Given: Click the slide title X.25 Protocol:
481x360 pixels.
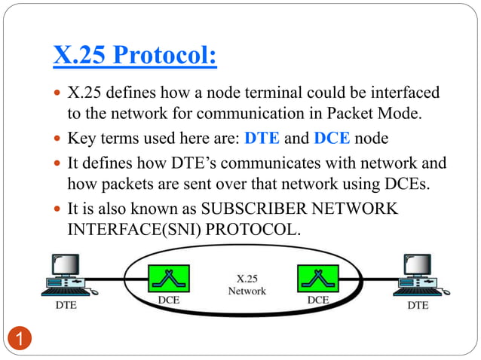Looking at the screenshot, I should pyautogui.click(x=135, y=56).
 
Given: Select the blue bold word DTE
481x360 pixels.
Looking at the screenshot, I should pyautogui.click(x=264, y=139).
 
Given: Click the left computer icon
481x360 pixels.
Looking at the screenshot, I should pyautogui.click(x=66, y=276).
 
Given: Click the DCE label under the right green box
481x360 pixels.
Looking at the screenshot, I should pyautogui.click(x=317, y=299).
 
